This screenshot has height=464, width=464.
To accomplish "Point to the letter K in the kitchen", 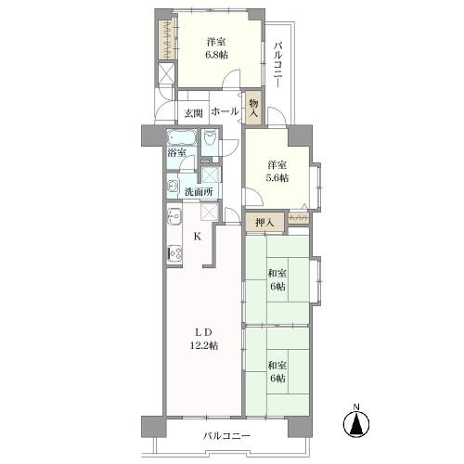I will pyautogui.click(x=197, y=237).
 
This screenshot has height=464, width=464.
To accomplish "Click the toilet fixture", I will pyautogui.click(x=211, y=141).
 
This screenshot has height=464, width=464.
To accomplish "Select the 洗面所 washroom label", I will pyautogui.click(x=197, y=191).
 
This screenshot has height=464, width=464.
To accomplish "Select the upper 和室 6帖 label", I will pyautogui.click(x=277, y=278).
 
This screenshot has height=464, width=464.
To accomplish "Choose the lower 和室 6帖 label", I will pyautogui.click(x=277, y=371).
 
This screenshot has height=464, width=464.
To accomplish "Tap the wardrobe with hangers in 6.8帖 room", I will pyautogui.click(x=164, y=36).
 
